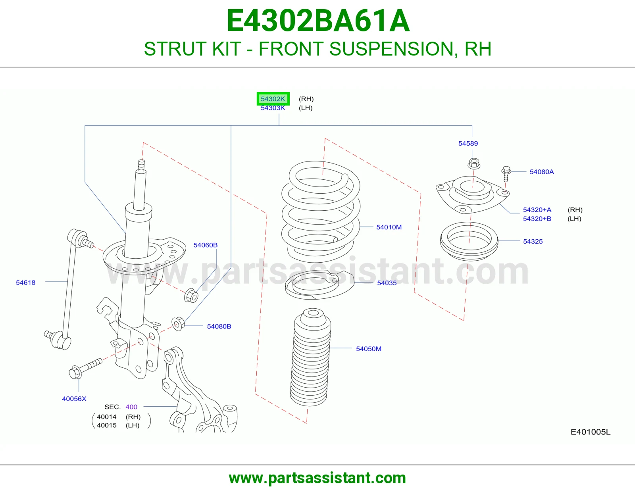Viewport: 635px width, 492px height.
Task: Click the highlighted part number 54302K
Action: pyautogui.click(x=273, y=99)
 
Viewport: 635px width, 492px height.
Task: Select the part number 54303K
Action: pyautogui.click(x=273, y=108)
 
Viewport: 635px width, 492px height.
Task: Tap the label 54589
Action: pyautogui.click(x=468, y=144)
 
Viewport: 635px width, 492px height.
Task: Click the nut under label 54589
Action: pyautogui.click(x=474, y=163)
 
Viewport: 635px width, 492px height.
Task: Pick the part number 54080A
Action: pyautogui.click(x=541, y=172)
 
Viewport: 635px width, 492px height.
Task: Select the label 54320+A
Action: pyautogui.click(x=537, y=210)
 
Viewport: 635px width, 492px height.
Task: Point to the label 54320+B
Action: pyautogui.click(x=537, y=219)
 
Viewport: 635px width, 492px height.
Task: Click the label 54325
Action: pyautogui.click(x=533, y=241)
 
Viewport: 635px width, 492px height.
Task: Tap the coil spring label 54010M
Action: pyautogui.click(x=389, y=227)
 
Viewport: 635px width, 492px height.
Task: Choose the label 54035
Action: pyautogui.click(x=387, y=283)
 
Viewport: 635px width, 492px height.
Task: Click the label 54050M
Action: pyautogui.click(x=368, y=348)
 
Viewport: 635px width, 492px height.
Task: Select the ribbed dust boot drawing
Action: pyautogui.click(x=310, y=357)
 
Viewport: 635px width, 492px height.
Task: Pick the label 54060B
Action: pyautogui.click(x=206, y=245)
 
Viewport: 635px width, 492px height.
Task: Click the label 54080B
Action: pyautogui.click(x=219, y=326)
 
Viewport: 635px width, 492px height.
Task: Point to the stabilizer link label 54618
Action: pyautogui.click(x=25, y=283)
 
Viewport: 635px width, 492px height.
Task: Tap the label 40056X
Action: pyautogui.click(x=74, y=399)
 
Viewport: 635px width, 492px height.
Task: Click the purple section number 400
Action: pyautogui.click(x=131, y=407)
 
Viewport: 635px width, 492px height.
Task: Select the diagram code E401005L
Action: pyautogui.click(x=590, y=432)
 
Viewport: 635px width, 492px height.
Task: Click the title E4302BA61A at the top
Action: pyautogui.click(x=318, y=21)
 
